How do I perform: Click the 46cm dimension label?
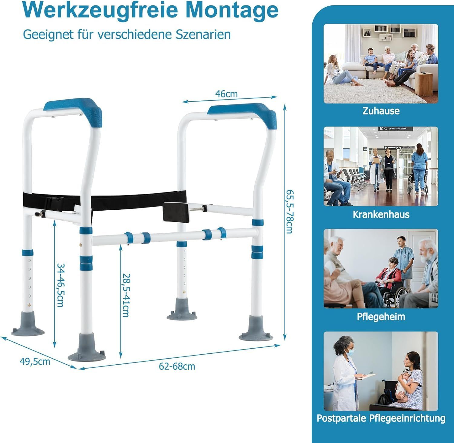[x=226, y=94]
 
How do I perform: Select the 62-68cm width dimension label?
[x=177, y=366]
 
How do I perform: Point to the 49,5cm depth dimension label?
[x=35, y=361]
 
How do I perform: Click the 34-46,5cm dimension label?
[x=61, y=285]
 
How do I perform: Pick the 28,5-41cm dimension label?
[x=126, y=295]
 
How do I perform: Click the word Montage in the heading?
[x=232, y=10]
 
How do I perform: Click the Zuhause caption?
[x=381, y=111]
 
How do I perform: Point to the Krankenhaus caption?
[x=381, y=215]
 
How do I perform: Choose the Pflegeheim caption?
[x=381, y=317]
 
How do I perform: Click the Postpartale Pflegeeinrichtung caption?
[x=381, y=418]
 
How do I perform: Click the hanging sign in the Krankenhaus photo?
[x=395, y=129]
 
